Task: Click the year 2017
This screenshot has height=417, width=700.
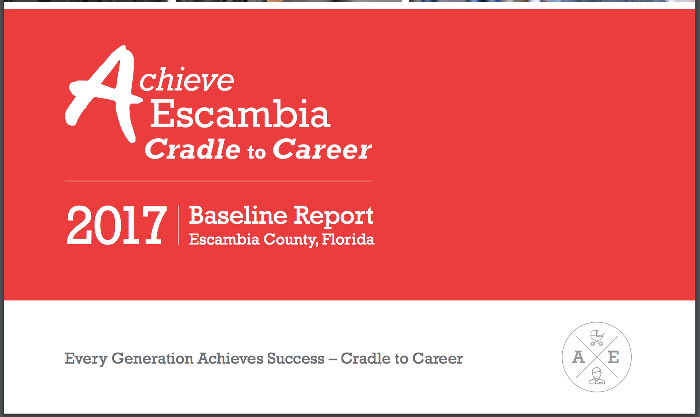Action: pos(117,225)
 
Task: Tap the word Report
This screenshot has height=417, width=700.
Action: pos(333,217)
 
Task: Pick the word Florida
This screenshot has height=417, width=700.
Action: pos(348,239)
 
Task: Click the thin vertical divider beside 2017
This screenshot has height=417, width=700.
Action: pos(178,225)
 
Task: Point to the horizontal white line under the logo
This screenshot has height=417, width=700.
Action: pos(219,181)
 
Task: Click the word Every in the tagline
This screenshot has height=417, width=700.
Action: pos(86,359)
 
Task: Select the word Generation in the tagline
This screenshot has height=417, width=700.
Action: pos(153,358)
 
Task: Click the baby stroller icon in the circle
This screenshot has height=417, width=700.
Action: pos(597,338)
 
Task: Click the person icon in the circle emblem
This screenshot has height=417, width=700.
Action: pos(597,376)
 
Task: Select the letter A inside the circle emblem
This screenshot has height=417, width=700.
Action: pos(578,357)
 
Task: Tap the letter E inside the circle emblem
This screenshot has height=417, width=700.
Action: pos(613,357)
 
